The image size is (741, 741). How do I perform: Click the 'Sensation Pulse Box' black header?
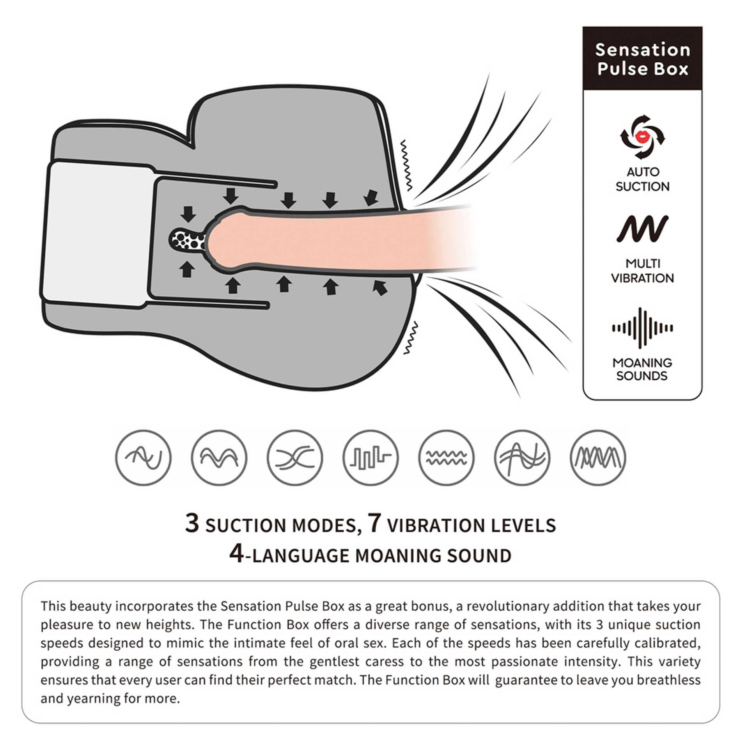coord(642,58)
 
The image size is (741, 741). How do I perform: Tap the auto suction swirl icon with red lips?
coord(642,137)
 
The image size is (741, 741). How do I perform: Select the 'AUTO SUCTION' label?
coord(642,179)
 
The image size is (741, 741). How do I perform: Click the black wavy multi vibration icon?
coord(642,229)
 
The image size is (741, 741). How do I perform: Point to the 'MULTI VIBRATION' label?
coord(642,271)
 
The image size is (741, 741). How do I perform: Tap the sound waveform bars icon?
coord(642,328)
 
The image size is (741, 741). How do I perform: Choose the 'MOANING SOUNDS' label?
coord(642,369)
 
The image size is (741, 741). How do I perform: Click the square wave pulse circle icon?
coord(371,457)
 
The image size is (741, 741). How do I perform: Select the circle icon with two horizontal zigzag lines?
coord(447,457)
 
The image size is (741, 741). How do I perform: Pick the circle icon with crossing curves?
coord(295,457)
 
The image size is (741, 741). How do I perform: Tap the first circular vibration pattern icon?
coord(143,457)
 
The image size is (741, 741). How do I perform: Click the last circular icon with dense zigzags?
coord(598,457)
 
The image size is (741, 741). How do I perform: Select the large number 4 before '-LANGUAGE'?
coord(236,554)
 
